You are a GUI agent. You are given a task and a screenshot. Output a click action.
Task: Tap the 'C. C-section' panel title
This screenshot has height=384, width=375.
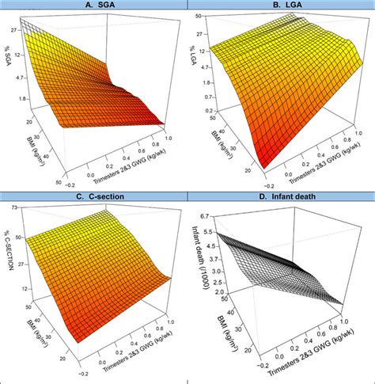tap(93, 197)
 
